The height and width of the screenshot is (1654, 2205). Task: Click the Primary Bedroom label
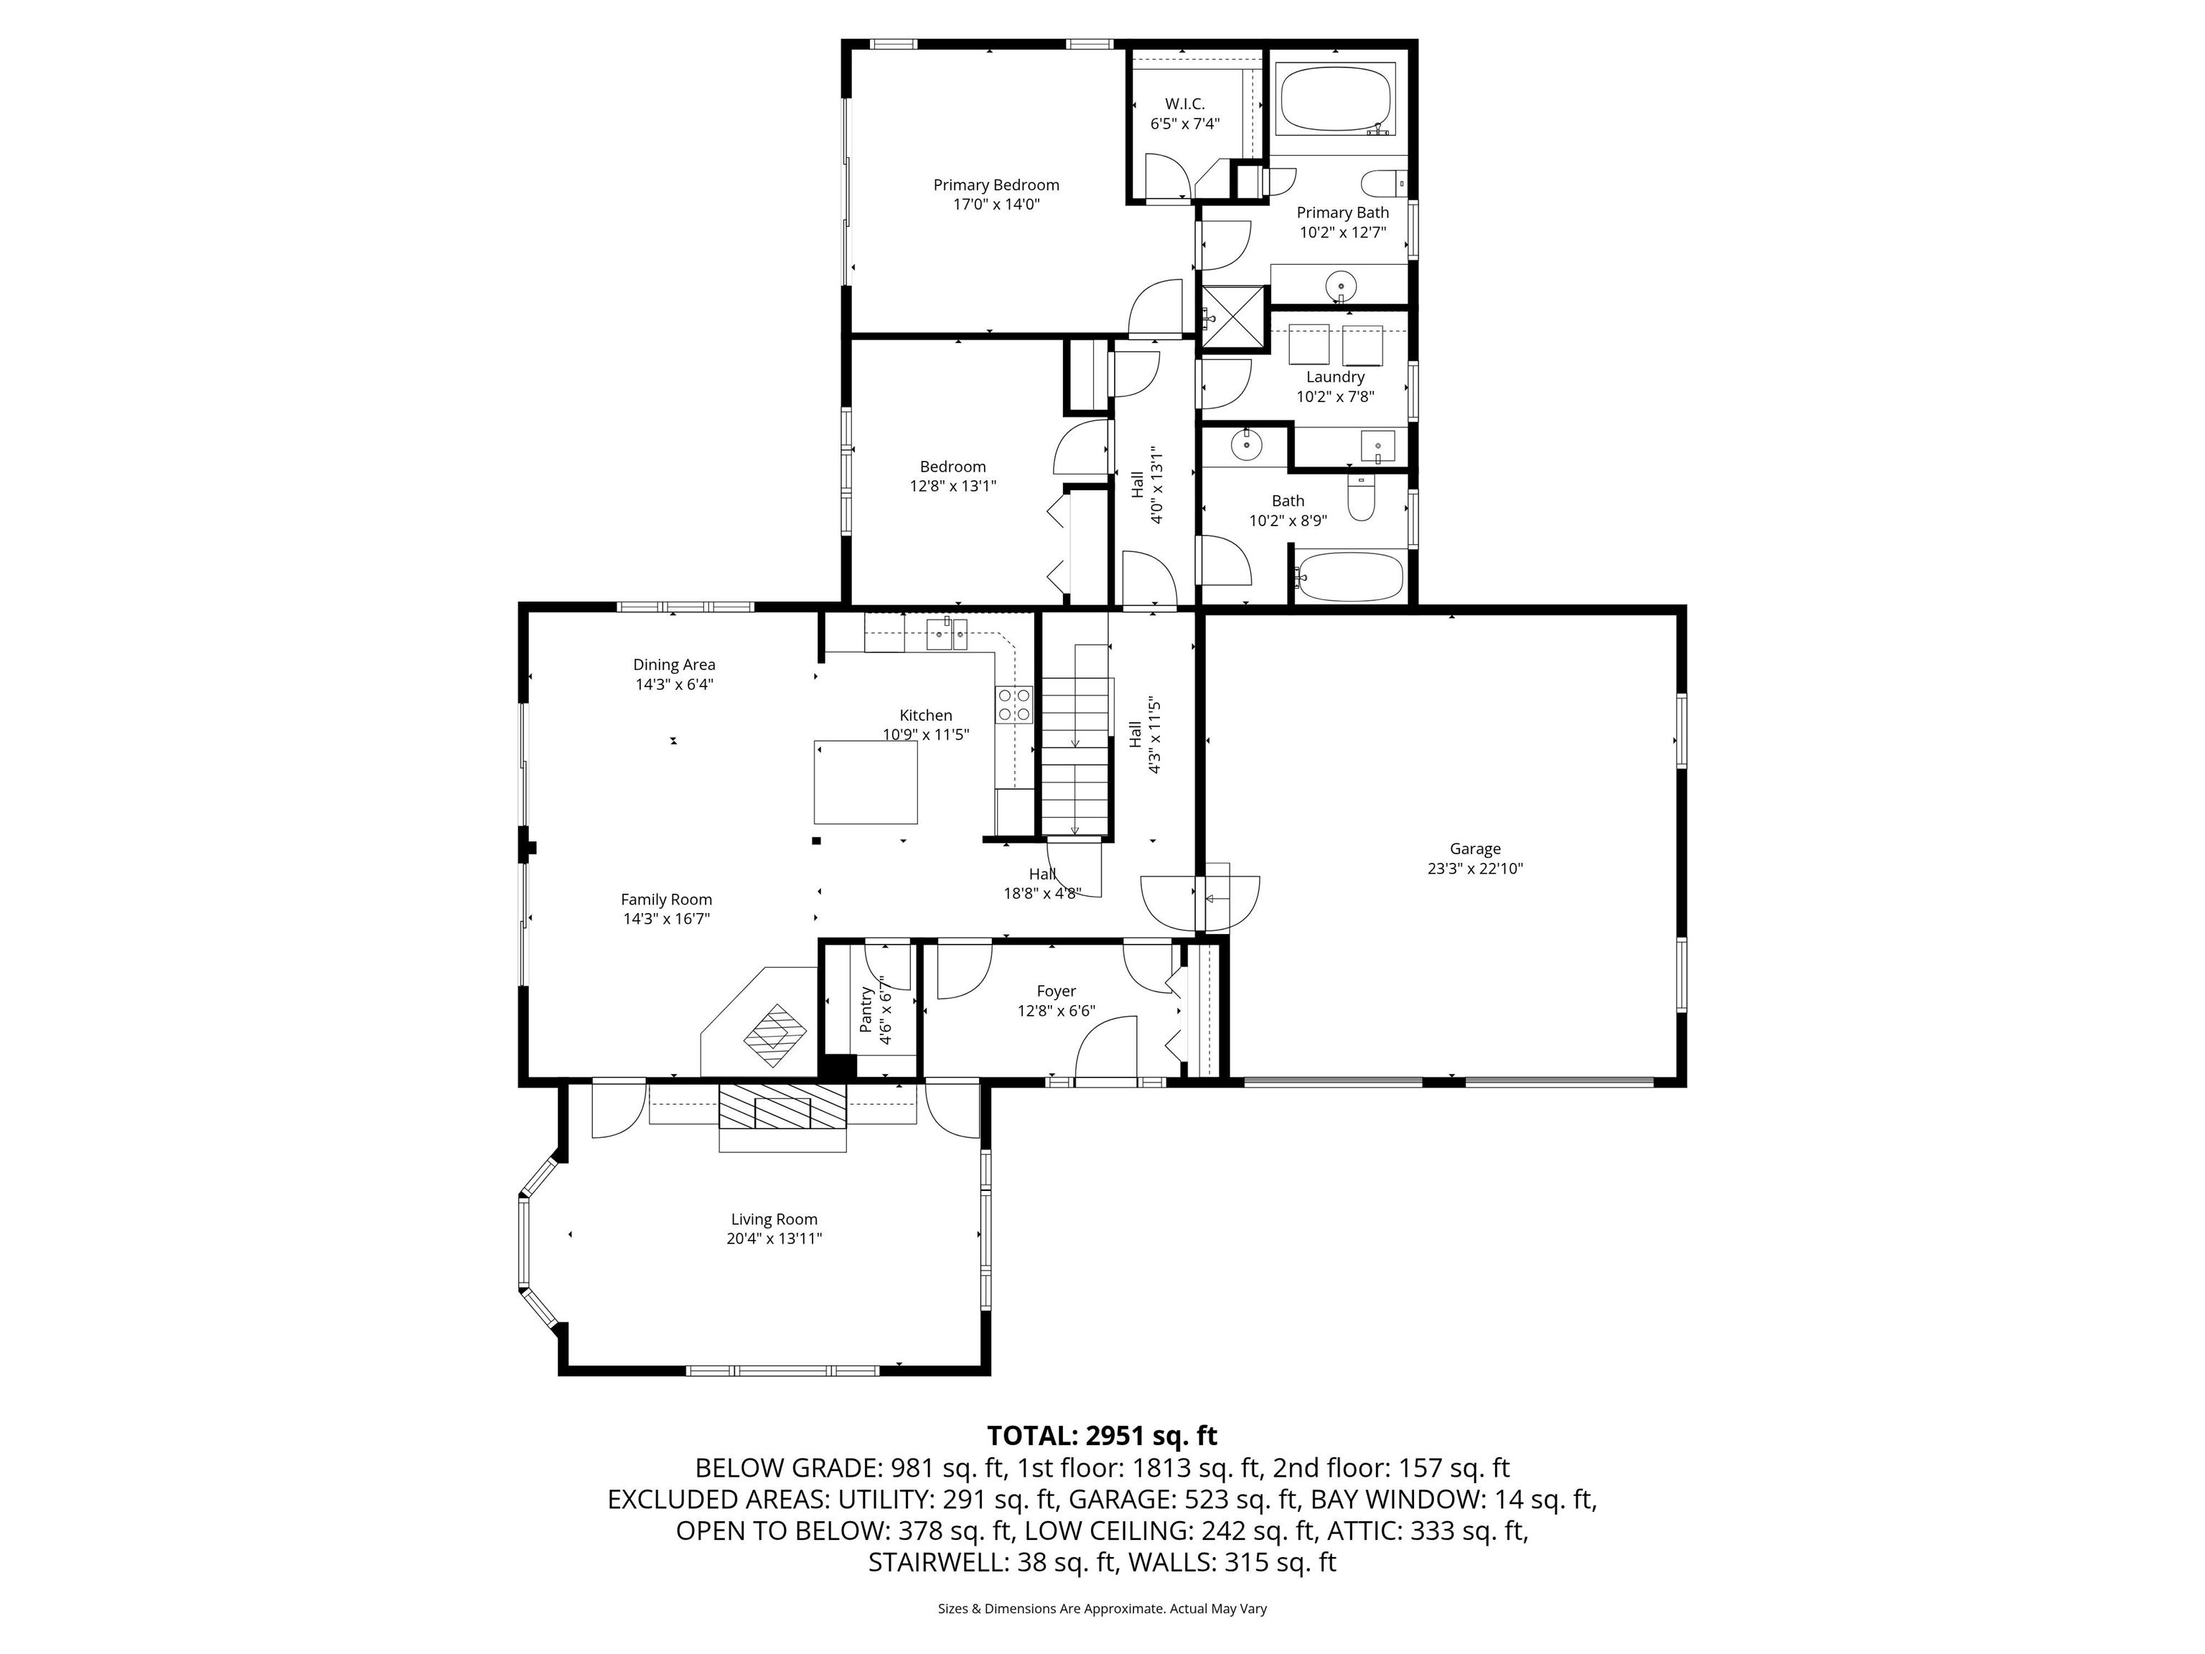pos(995,185)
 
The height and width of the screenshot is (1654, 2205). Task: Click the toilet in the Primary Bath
pos(1384,184)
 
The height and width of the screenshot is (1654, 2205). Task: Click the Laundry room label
pos(1335,377)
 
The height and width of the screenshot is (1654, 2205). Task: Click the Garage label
pos(1474,849)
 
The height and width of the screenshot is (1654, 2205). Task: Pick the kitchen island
pos(865,782)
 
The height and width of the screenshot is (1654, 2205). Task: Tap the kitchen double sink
pos(947,634)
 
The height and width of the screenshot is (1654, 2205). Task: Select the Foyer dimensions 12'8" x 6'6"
pos(1056,1011)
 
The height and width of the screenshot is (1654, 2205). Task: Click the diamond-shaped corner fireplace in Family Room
pos(774,1037)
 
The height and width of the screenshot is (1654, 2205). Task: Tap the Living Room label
pos(774,1219)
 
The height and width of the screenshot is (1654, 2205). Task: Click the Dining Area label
pos(674,665)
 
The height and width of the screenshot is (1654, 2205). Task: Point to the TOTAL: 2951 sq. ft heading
pos(1102,1436)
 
